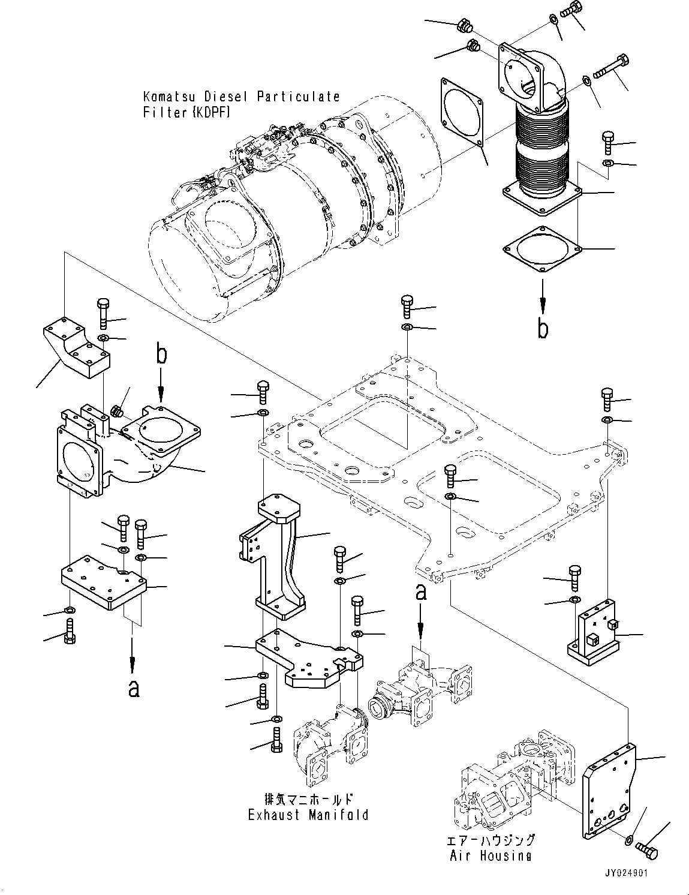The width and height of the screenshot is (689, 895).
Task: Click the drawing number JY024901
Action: click(626, 874)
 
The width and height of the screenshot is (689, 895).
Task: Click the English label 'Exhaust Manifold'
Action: click(308, 815)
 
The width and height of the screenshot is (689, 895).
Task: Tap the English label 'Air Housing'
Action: click(491, 855)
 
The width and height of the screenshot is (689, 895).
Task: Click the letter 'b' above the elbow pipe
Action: click(161, 355)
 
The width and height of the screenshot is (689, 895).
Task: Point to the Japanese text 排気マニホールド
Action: click(308, 799)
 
